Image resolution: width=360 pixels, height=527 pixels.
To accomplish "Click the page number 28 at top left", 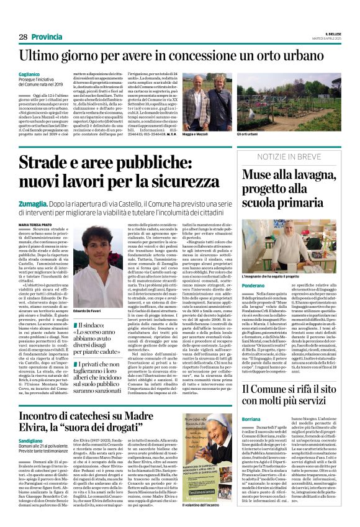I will coord(23,37).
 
